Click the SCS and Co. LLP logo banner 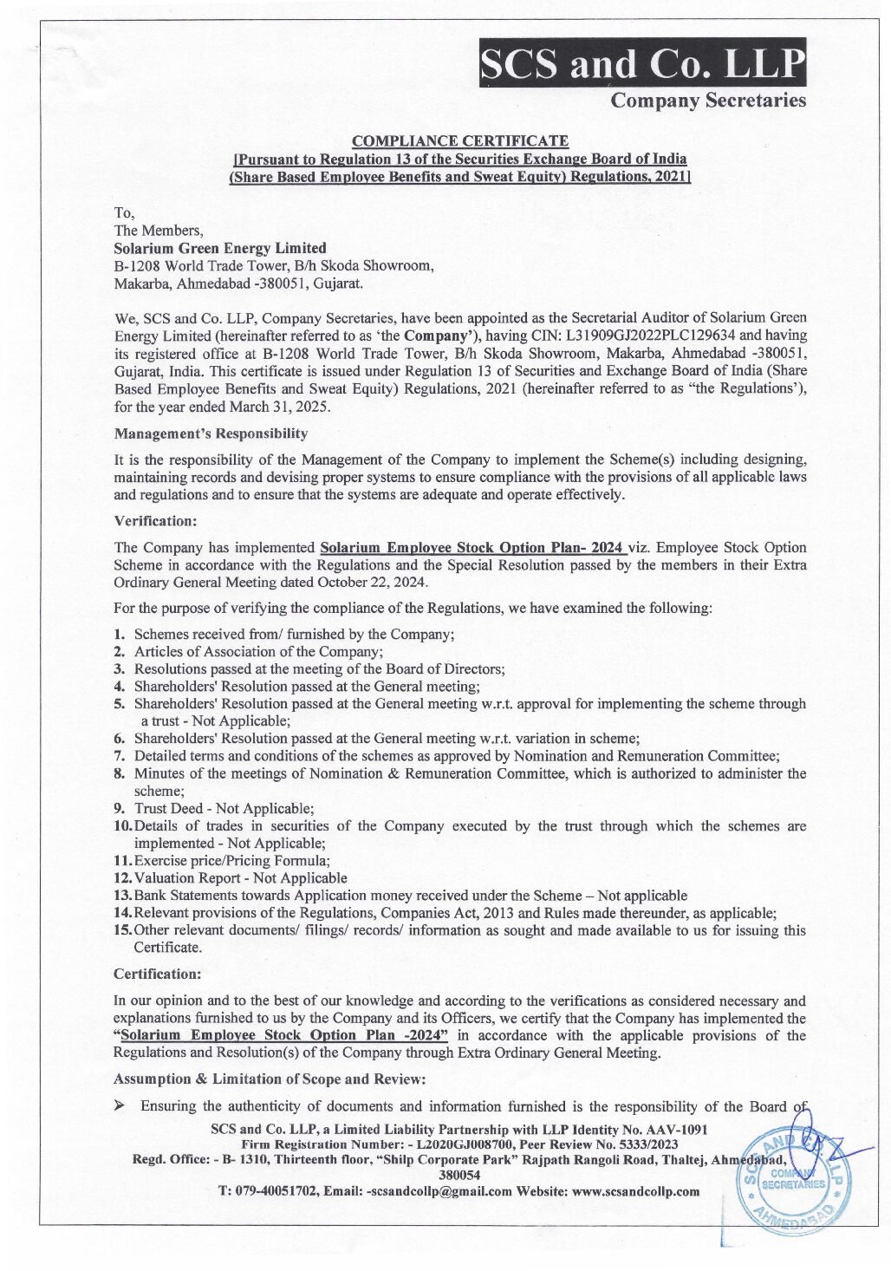tap(642, 62)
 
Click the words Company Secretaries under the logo tap(708, 101)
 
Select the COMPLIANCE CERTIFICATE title tap(460, 141)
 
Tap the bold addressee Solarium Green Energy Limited tap(220, 248)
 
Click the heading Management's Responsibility tap(211, 433)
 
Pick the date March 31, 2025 tap(276, 406)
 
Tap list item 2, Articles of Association tap(258, 651)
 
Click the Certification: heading tap(157, 974)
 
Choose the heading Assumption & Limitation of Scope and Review tap(270, 1079)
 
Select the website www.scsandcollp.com tap(635, 1191)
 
